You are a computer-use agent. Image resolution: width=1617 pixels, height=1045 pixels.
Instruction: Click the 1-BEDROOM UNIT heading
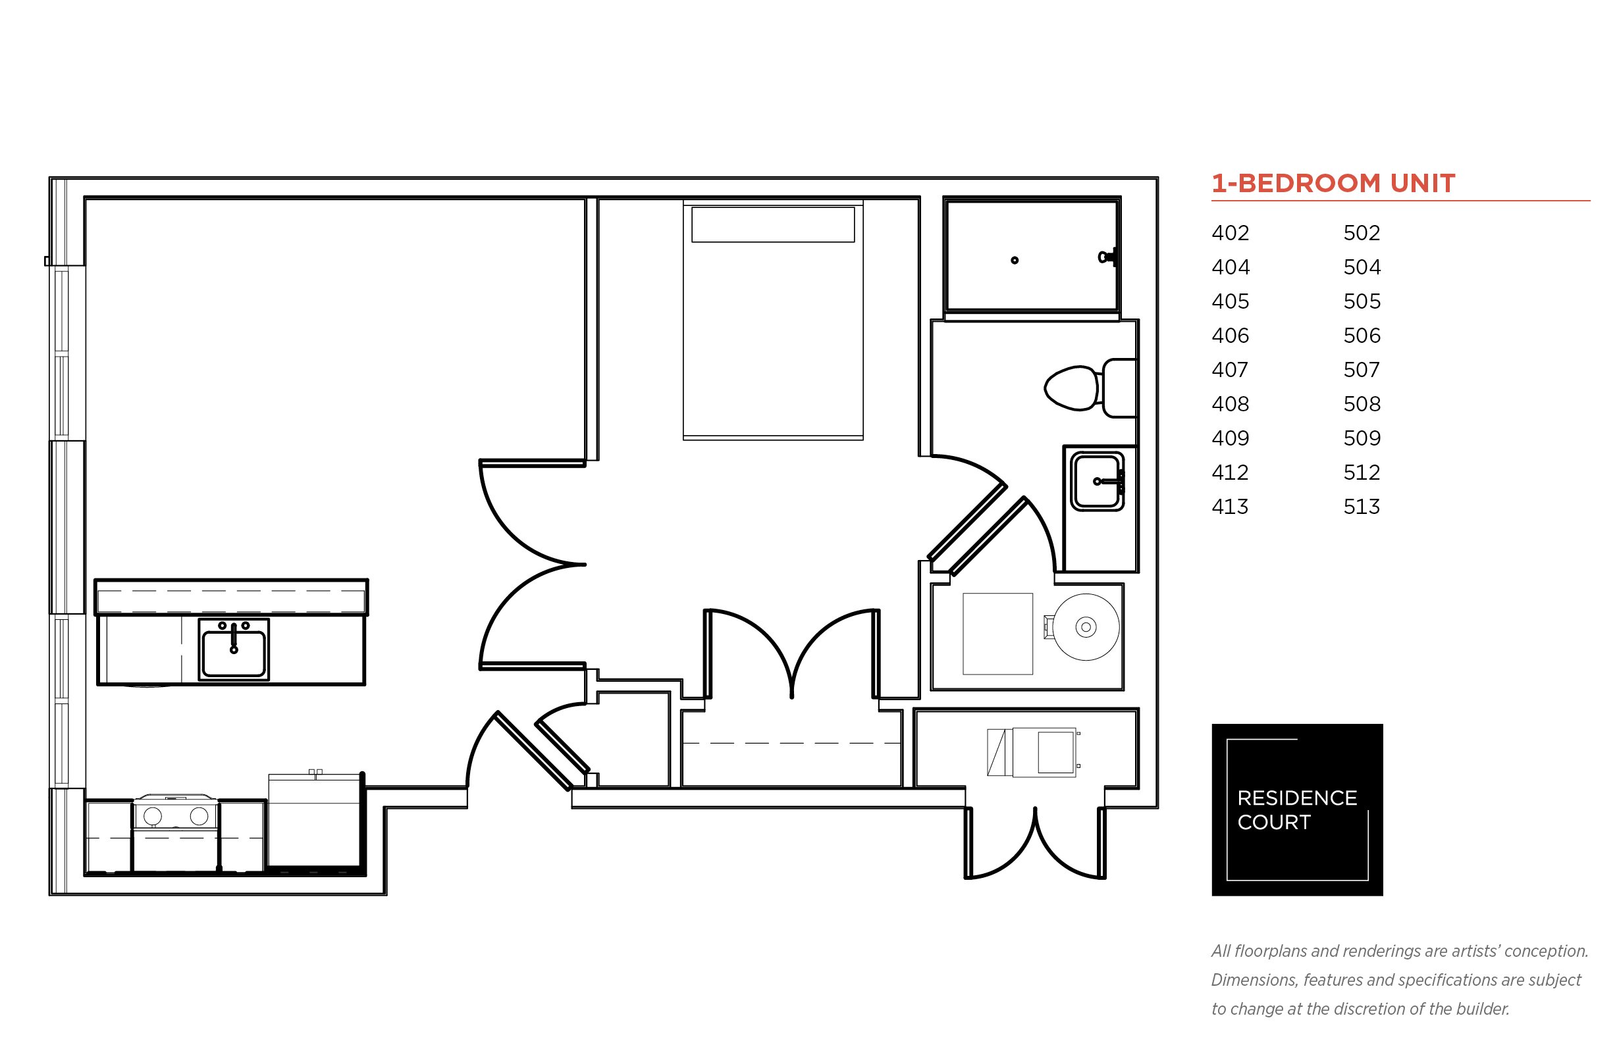click(x=1333, y=183)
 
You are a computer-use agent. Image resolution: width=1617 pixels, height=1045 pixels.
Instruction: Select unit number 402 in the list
click(x=1230, y=233)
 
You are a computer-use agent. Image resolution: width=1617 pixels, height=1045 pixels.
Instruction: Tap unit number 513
click(x=1361, y=506)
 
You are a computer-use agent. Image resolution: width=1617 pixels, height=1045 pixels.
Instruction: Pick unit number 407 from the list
click(x=1230, y=370)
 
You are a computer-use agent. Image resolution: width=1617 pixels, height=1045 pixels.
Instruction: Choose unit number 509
click(x=1362, y=438)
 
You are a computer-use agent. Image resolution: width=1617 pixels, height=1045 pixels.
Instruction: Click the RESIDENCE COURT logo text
click(x=1296, y=809)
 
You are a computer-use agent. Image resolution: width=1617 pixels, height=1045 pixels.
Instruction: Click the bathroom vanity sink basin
click(x=1097, y=481)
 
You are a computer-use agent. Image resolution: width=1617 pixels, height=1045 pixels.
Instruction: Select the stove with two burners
click(x=176, y=833)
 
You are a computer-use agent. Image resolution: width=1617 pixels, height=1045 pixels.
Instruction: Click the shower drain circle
click(x=1014, y=260)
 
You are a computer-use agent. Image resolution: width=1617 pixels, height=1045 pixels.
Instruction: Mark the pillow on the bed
click(x=772, y=224)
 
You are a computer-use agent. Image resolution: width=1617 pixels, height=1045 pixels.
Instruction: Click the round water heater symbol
click(x=1086, y=627)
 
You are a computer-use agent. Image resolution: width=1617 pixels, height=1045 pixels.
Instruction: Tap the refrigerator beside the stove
click(x=314, y=821)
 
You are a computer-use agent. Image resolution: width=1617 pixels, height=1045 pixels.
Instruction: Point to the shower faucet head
click(x=1107, y=257)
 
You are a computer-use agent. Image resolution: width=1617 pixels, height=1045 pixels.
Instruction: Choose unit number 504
click(x=1362, y=267)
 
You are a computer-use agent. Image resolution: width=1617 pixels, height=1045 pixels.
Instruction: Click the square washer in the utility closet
click(x=997, y=634)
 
